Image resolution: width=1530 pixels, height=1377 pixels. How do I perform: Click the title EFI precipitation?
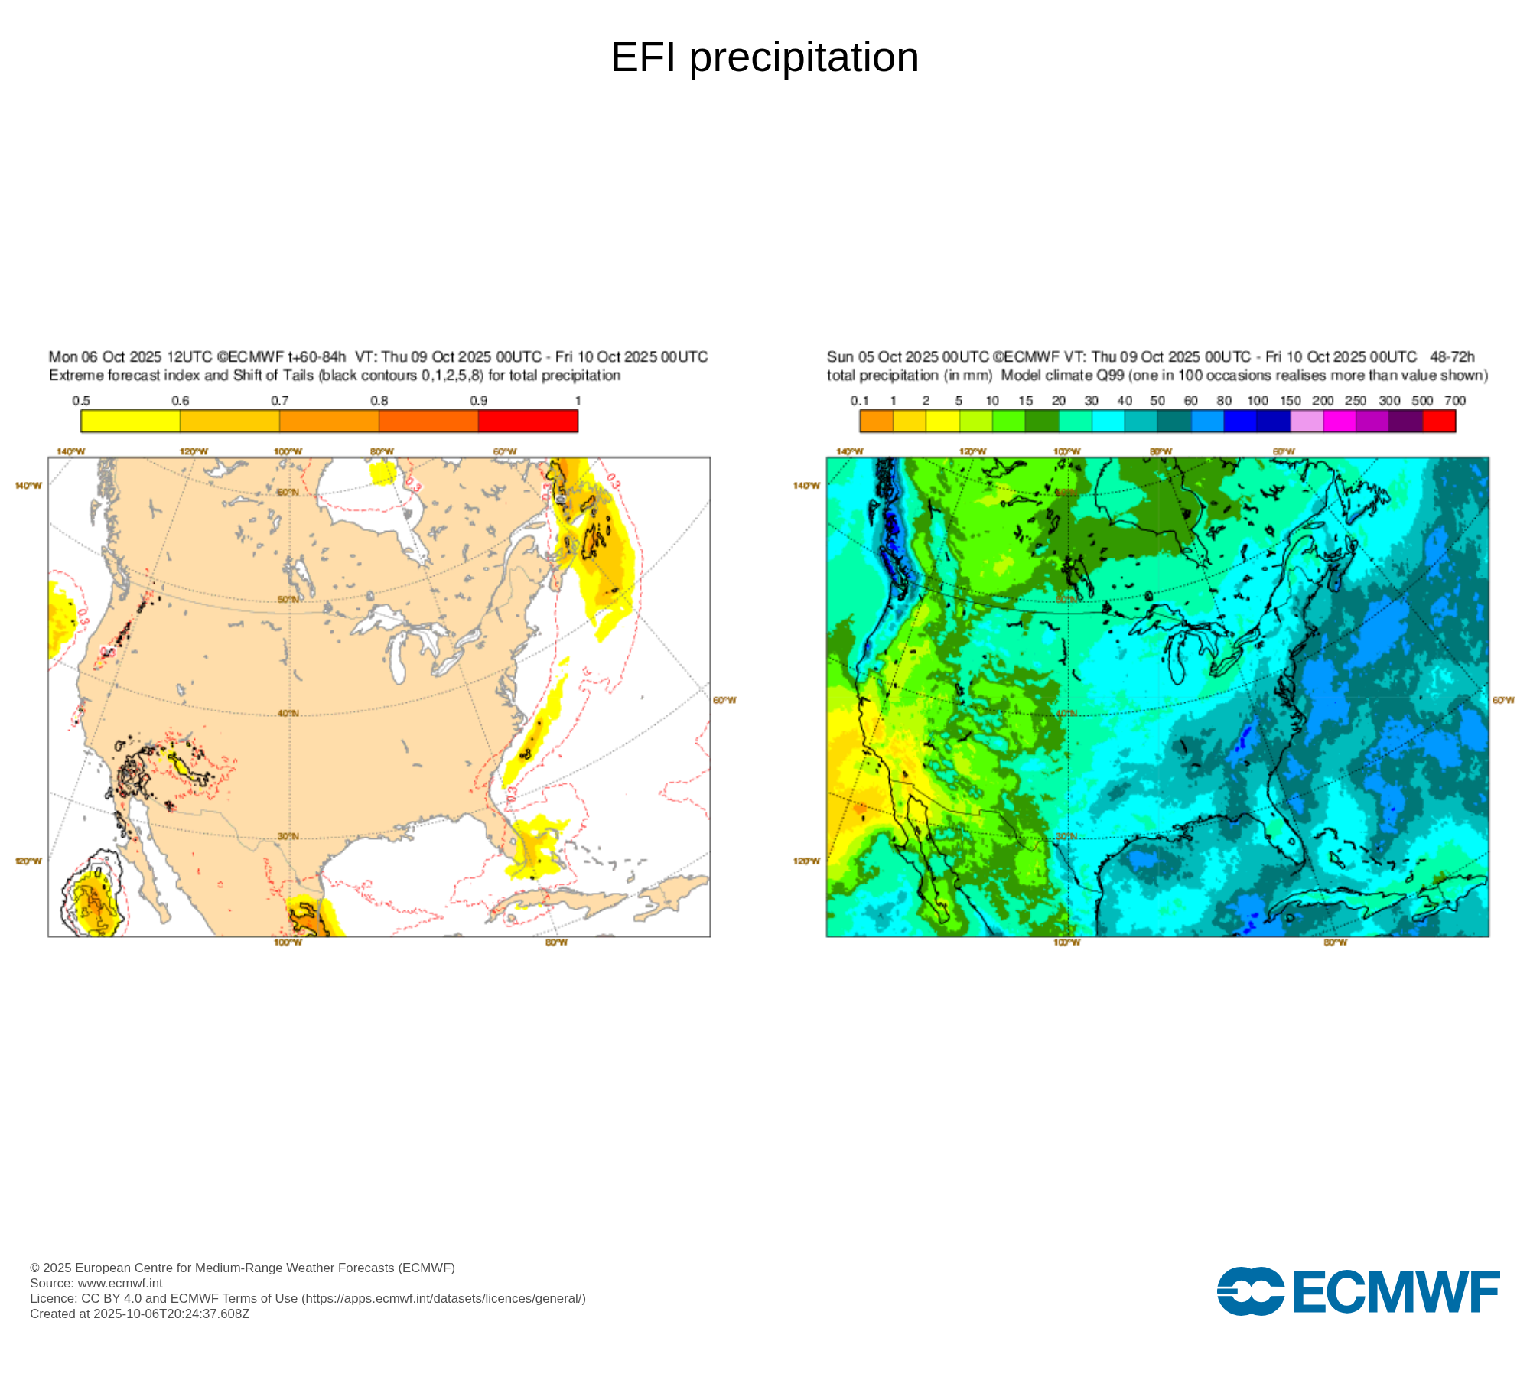pos(764,57)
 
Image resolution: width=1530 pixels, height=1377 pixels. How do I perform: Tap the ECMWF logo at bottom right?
pos(1358,1292)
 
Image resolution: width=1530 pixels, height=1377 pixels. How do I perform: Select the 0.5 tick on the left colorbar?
pos(81,401)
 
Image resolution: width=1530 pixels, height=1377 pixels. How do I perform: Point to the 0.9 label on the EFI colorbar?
pos(478,401)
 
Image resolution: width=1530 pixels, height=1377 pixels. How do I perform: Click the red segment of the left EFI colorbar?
pos(528,421)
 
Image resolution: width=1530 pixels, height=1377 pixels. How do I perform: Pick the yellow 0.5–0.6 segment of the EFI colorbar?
pos(131,421)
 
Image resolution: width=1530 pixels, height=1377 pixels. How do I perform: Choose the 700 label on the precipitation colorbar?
pos(1454,401)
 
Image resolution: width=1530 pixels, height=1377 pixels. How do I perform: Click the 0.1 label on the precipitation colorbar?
pos(859,401)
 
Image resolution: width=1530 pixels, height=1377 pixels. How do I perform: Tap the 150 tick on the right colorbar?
pos(1291,401)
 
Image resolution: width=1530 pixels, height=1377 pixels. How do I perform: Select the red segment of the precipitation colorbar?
pos(1439,421)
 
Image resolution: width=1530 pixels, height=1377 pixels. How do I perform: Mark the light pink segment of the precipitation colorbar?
pos(1307,421)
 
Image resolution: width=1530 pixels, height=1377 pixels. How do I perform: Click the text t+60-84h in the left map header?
pos(317,357)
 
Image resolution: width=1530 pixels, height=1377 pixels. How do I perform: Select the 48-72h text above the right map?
pos(1452,357)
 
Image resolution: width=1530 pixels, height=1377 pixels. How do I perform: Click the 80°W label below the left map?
pos(556,942)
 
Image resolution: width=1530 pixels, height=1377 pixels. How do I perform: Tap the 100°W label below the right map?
pos(1066,942)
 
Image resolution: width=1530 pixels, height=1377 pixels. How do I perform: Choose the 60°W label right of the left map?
pos(724,700)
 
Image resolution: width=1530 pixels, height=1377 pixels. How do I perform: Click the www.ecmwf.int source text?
pos(120,1283)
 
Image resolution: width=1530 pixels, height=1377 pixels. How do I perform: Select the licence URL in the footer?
pos(444,1298)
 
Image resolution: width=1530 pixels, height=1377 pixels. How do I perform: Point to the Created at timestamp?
pos(140,1314)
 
